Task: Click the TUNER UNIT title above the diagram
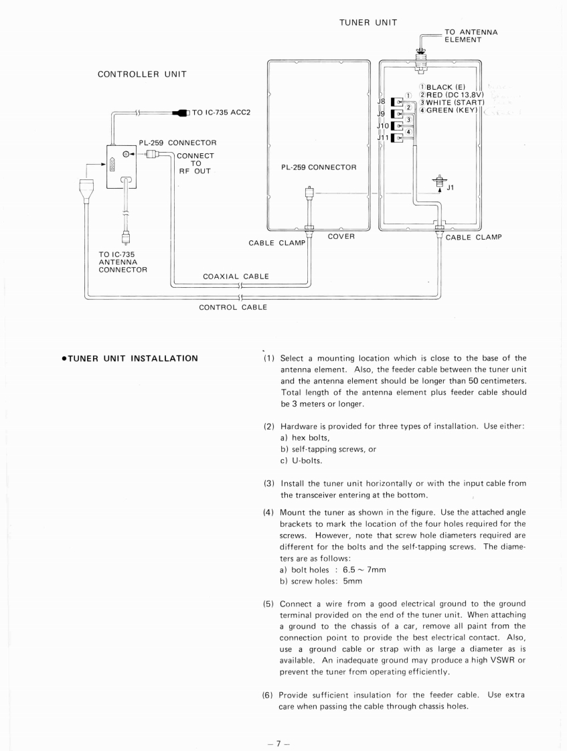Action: [x=368, y=23]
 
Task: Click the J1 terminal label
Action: [x=451, y=187]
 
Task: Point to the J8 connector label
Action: [x=382, y=102]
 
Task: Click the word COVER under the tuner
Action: [x=340, y=236]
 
